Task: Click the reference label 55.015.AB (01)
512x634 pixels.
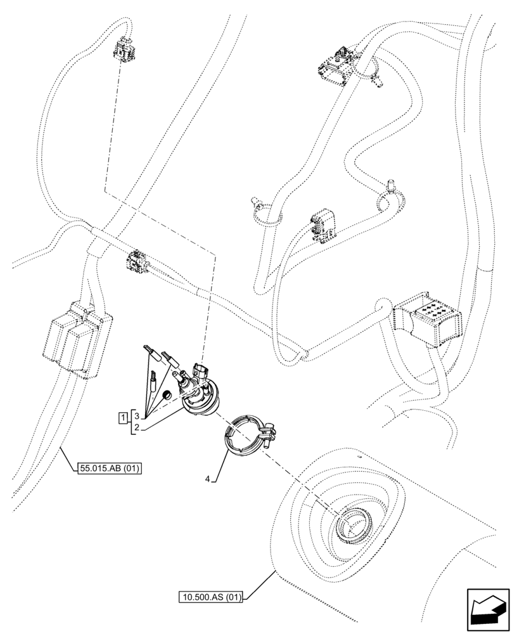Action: click(x=110, y=469)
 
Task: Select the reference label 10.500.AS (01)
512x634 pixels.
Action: click(x=210, y=597)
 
